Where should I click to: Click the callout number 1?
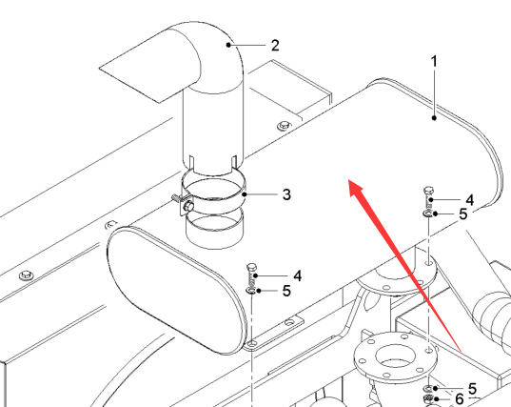[x=434, y=61]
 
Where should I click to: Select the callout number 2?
[x=275, y=46]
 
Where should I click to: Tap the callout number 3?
[x=286, y=194]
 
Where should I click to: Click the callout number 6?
[x=460, y=398]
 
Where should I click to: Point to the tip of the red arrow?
[x=349, y=180]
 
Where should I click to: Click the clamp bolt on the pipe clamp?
[x=188, y=206]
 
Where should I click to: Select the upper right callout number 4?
[x=470, y=200]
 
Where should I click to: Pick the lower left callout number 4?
[x=298, y=276]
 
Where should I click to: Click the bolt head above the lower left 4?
[x=251, y=267]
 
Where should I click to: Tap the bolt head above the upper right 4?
[x=428, y=191]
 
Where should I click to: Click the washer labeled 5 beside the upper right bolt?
[x=428, y=214]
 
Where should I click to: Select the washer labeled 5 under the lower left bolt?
[x=251, y=291]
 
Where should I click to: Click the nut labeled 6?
[x=428, y=398]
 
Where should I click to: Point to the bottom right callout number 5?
[x=473, y=389]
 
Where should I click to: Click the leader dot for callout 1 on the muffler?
[x=434, y=118]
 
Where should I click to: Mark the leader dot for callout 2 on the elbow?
[x=228, y=45]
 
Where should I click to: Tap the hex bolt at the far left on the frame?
[x=27, y=275]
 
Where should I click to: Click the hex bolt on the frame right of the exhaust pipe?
[x=285, y=126]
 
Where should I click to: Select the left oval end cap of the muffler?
[x=176, y=291]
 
